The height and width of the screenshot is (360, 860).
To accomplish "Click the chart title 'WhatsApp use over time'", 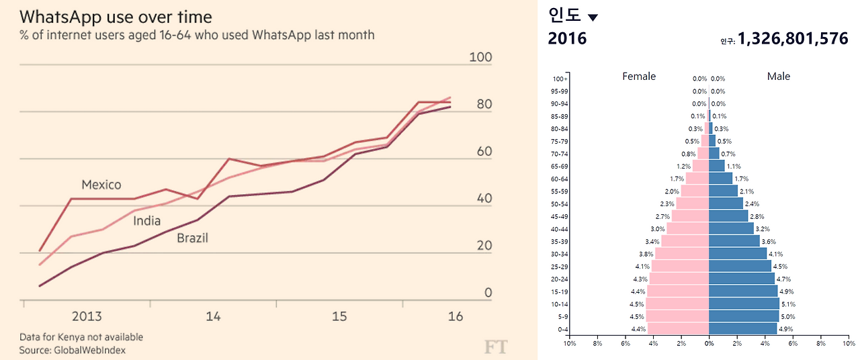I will click(x=116, y=17).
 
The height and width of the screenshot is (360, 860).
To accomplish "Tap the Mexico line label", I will click(x=101, y=185).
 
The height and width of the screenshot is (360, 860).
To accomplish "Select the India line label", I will click(x=146, y=221).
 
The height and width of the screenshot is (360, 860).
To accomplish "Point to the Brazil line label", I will click(x=192, y=238).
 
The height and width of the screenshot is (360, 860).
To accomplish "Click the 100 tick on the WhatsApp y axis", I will click(x=480, y=58).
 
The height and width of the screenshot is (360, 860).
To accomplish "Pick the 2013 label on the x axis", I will click(x=86, y=316).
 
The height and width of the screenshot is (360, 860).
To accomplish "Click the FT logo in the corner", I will click(x=495, y=347).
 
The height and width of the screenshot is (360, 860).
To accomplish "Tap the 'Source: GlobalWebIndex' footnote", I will click(x=72, y=350).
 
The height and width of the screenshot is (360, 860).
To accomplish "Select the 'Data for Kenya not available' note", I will click(x=81, y=337).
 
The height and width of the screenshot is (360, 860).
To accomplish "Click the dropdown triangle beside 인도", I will click(x=592, y=17).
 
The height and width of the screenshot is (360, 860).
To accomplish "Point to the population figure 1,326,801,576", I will click(x=793, y=39).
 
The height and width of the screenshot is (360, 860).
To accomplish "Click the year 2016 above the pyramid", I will click(x=567, y=39).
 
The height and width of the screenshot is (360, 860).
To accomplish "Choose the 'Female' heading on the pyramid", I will click(x=639, y=77).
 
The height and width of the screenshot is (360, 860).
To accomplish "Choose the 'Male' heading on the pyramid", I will click(x=779, y=77).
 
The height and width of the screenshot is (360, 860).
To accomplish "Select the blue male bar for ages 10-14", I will click(x=744, y=304).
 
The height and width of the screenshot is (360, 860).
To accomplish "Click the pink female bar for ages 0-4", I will click(x=678, y=329).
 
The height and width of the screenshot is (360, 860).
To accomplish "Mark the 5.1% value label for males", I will click(x=789, y=304).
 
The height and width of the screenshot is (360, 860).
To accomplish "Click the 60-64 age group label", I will click(x=558, y=179).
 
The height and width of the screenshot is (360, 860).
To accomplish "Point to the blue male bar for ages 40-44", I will click(x=731, y=228).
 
